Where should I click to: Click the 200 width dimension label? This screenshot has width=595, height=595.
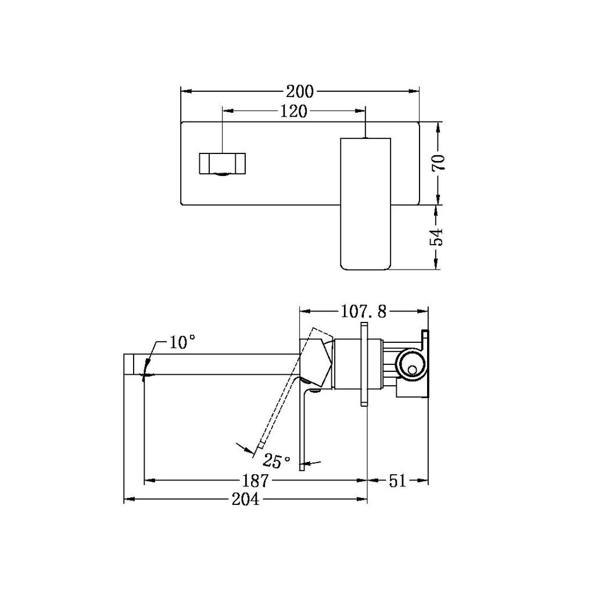pyautogui.click(x=299, y=91)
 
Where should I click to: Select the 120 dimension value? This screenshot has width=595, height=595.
pyautogui.click(x=294, y=112)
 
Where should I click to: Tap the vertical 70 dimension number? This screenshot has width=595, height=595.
pyautogui.click(x=439, y=163)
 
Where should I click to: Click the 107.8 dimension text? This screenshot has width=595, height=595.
pyautogui.click(x=363, y=312)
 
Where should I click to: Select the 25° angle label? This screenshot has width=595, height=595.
pyautogui.click(x=277, y=462)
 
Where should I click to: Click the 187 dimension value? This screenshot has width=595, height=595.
pyautogui.click(x=255, y=481)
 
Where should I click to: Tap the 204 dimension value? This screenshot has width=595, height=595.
pyautogui.click(x=247, y=500)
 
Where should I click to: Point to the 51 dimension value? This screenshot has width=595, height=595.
pyautogui.click(x=398, y=481)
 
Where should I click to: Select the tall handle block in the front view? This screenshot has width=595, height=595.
pyautogui.click(x=365, y=203)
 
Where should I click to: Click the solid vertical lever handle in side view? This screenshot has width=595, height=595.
pyautogui.click(x=302, y=430)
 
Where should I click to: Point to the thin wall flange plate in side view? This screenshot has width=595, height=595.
pyautogui.click(x=364, y=363)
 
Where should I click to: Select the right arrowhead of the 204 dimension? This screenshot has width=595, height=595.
pyautogui.click(x=364, y=500)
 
